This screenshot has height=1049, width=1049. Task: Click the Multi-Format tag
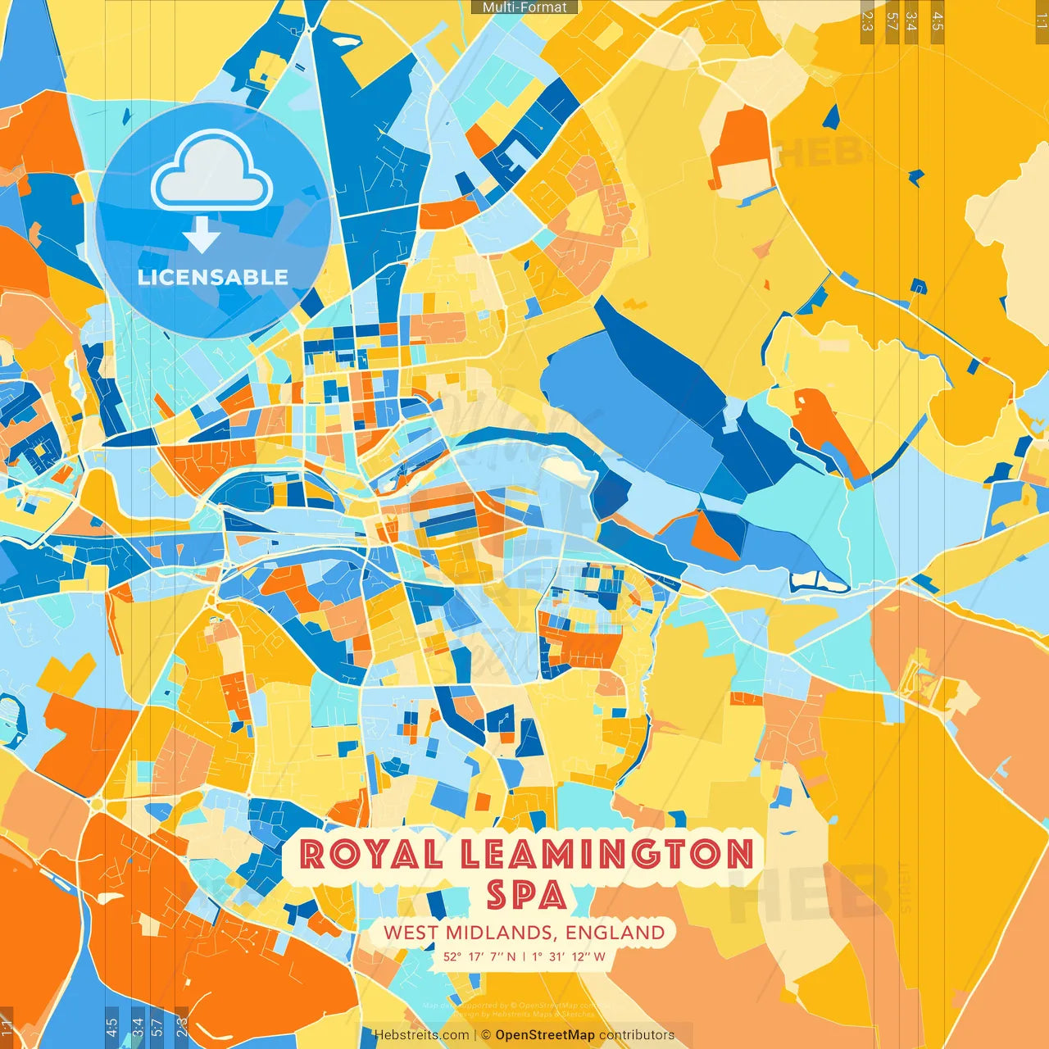pos(524,7)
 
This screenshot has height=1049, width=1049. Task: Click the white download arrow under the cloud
pos(202,234)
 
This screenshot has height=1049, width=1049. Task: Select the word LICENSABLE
pos(213,277)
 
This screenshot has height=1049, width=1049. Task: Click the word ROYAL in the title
pos(371,854)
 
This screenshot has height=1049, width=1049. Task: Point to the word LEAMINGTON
pos(607,854)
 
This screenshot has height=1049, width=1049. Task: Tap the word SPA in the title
pos(526,895)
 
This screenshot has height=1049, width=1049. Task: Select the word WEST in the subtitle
pos(411,933)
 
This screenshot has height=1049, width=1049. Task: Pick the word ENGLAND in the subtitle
pos(615,933)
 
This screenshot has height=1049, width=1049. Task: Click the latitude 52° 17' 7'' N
pos(480,956)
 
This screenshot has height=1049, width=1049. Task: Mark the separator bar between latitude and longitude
pos(524,956)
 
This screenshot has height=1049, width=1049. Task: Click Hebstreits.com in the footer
pos(421,1035)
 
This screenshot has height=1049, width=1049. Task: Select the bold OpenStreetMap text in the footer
pos(545,1035)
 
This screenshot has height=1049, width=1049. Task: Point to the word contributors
pos(637,1035)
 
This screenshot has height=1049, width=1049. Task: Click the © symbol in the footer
pos(486,1035)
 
